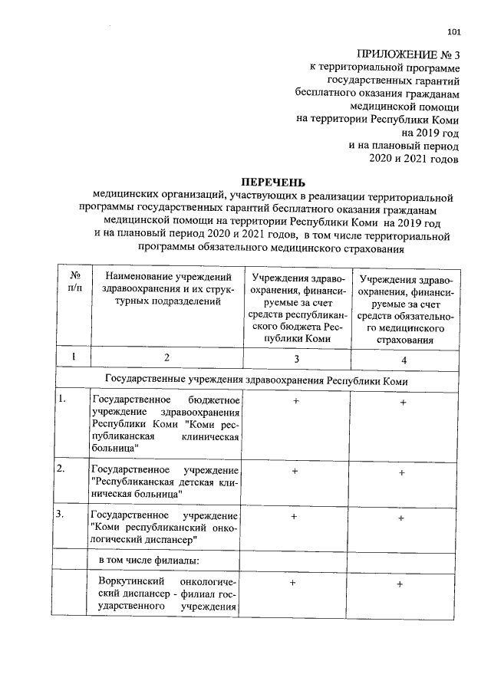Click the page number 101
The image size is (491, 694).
453,32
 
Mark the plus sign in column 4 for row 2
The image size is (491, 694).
401,473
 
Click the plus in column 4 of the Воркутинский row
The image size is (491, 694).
400,585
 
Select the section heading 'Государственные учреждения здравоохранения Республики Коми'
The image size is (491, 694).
255,380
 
